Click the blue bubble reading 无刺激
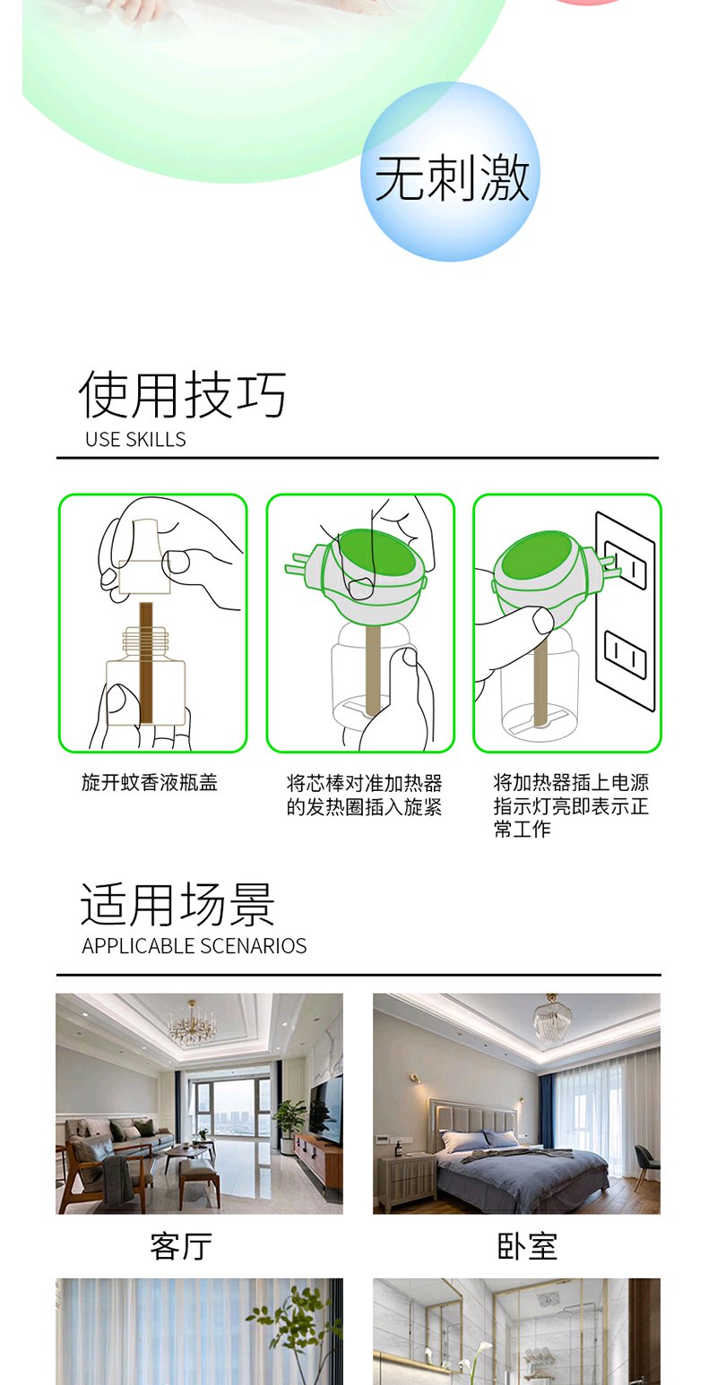[x=451, y=172]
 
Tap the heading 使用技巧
[x=183, y=394]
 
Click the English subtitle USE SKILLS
[x=135, y=439]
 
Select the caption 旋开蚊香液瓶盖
[x=150, y=783]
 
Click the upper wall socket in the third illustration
[x=626, y=564]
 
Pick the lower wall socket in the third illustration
[x=626, y=655]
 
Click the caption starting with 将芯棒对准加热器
[x=365, y=796]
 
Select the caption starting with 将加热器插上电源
[x=571, y=806]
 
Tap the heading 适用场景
[x=178, y=905]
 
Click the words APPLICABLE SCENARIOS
[x=194, y=945]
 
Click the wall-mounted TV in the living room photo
[x=326, y=1111]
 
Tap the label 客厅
[x=181, y=1246]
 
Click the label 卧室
[x=528, y=1246]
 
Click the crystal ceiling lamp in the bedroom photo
[x=552, y=1019]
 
